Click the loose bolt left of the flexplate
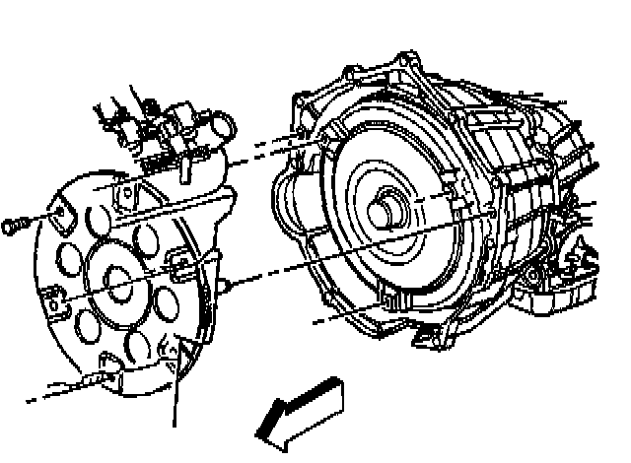13,227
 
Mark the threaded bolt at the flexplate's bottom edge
94,379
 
